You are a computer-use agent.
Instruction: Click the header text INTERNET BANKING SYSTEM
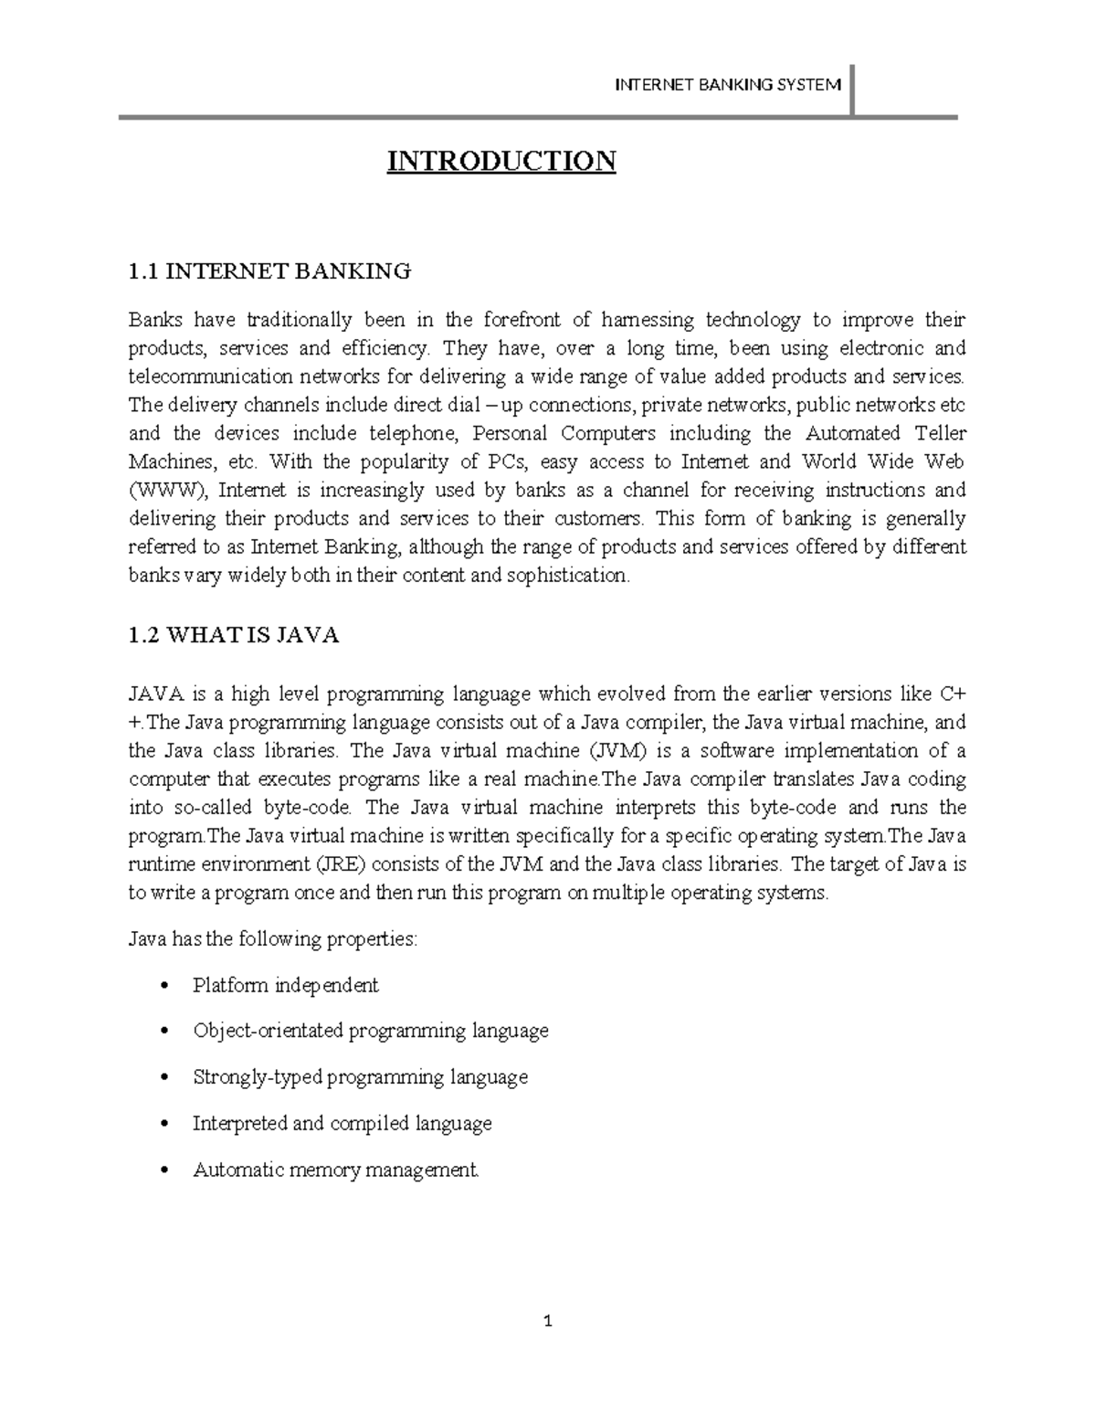(727, 85)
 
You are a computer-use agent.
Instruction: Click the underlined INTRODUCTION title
(501, 162)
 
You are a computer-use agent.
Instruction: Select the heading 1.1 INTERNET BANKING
(269, 270)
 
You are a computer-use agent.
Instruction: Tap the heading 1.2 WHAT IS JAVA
(234, 636)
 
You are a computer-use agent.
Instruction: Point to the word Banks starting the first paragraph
(155, 320)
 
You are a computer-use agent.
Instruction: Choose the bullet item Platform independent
(285, 986)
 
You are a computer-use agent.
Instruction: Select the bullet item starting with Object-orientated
(370, 1032)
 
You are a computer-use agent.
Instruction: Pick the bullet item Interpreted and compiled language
(342, 1123)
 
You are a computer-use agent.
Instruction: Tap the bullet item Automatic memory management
(335, 1170)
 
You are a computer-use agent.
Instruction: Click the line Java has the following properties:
(273, 939)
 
